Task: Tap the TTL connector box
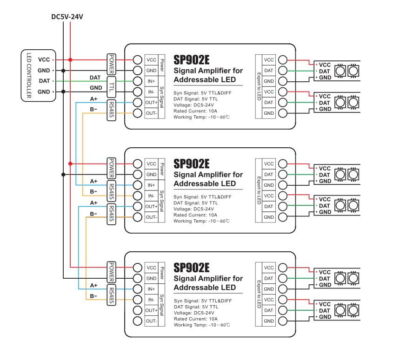112,86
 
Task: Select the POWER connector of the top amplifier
112,65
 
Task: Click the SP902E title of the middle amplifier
191,164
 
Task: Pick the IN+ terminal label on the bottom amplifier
151,289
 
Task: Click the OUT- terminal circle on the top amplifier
137,113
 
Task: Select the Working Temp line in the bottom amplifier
201,325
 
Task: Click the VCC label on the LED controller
44,59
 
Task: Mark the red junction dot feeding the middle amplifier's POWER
70,164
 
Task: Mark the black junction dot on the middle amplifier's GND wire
63,174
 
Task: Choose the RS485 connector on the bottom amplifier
112,295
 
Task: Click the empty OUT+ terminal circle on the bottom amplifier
137,310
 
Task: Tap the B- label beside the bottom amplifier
93,296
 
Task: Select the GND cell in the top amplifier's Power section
151,71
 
